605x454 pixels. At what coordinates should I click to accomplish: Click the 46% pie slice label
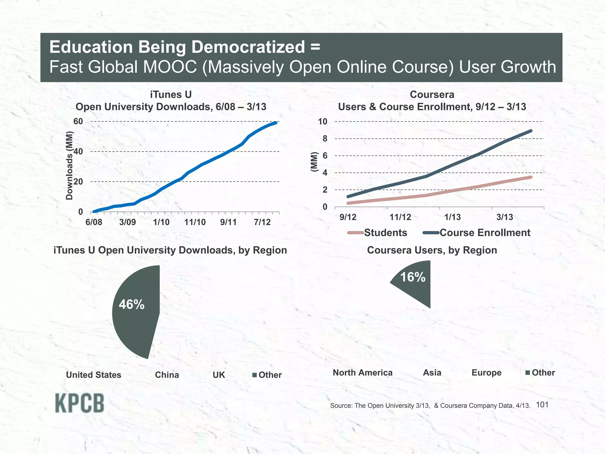(131, 304)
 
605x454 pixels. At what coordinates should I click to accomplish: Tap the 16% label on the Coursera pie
(412, 277)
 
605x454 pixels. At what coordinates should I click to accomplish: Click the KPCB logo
(79, 403)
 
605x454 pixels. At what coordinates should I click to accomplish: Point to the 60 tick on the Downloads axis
(78, 121)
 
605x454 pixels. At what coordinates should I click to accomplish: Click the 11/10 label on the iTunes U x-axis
(195, 222)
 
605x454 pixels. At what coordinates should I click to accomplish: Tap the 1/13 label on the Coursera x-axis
(452, 217)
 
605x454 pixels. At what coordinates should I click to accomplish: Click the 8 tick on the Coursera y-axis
(325, 139)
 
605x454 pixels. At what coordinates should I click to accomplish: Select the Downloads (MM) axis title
(69, 166)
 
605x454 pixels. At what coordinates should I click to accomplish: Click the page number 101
(542, 405)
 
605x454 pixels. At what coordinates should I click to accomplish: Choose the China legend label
(167, 375)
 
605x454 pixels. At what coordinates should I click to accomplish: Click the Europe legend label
(486, 372)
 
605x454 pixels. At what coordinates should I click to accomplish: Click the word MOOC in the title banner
(170, 67)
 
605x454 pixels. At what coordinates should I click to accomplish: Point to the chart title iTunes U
(171, 95)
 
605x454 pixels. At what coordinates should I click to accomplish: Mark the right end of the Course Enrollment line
(531, 131)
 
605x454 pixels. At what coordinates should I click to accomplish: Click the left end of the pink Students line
(348, 203)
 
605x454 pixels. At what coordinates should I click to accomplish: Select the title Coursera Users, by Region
(432, 250)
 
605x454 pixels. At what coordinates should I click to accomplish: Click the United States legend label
(93, 375)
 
